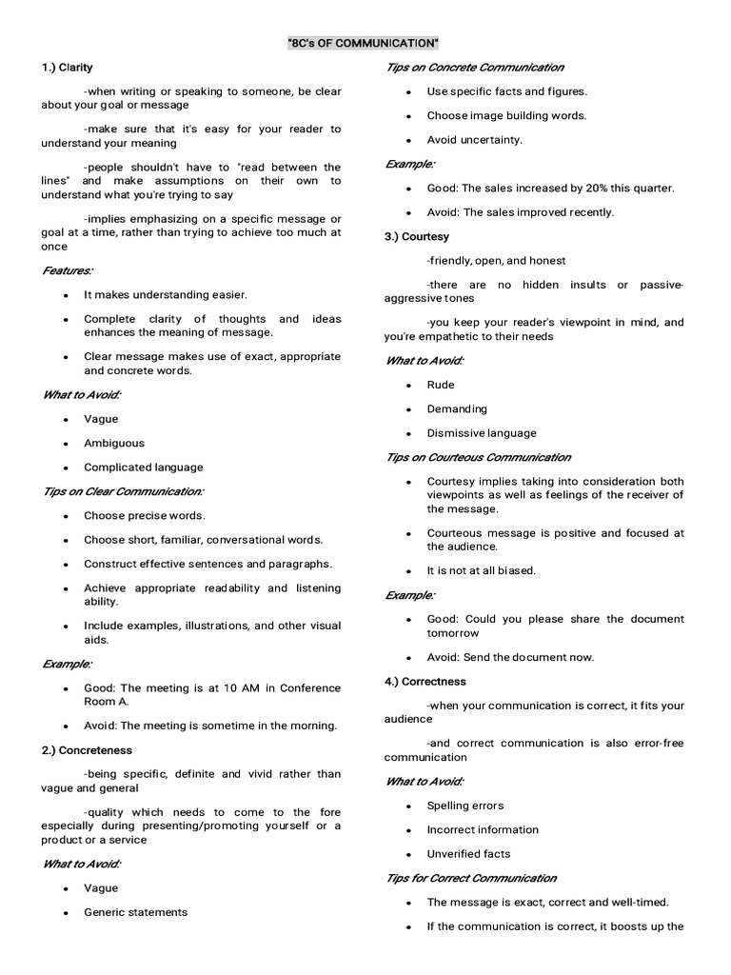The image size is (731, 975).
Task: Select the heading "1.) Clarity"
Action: (67, 68)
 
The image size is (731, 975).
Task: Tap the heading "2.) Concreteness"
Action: (87, 750)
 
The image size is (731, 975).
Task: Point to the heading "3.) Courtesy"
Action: (417, 236)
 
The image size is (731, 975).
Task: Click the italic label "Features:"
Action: (68, 270)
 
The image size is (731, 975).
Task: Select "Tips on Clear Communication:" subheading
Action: (123, 491)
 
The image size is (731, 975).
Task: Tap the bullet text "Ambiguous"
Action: (114, 443)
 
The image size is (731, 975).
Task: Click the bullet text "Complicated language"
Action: (143, 468)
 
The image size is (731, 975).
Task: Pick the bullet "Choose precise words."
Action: (144, 515)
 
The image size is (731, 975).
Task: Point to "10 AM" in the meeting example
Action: (216, 687)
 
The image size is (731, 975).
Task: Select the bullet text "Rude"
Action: (441, 385)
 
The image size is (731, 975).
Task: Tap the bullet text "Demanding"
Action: (457, 408)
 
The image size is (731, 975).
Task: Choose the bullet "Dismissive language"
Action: (482, 433)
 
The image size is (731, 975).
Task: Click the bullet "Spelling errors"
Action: (465, 806)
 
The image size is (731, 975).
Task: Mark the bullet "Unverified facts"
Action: (468, 854)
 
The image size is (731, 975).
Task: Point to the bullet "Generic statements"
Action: (135, 912)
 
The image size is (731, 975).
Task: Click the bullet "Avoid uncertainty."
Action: (474, 140)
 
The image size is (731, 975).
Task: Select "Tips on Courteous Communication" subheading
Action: (478, 457)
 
